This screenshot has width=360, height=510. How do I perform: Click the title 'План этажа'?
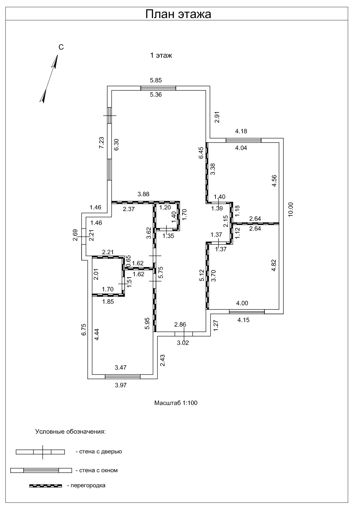pyautogui.click(x=178, y=14)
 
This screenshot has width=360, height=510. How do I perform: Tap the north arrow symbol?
pyautogui.click(x=48, y=79)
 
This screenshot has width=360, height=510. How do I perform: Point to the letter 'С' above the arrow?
pyautogui.click(x=61, y=47)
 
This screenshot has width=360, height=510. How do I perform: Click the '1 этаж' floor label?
pyautogui.click(x=161, y=55)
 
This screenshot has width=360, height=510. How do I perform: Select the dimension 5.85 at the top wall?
pyautogui.click(x=156, y=80)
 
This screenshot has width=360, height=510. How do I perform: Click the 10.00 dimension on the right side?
pyautogui.click(x=291, y=210)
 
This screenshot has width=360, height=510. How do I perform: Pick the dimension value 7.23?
pyautogui.click(x=101, y=143)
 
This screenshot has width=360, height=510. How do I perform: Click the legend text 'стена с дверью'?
pyautogui.click(x=100, y=451)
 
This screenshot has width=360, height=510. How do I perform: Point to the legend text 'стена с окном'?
pyautogui.click(x=98, y=470)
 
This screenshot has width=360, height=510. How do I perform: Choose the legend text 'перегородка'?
pyautogui.click(x=88, y=485)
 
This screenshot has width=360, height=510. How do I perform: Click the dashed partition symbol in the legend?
pyautogui.click(x=45, y=486)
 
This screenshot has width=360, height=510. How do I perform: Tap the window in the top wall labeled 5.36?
pyautogui.click(x=158, y=88)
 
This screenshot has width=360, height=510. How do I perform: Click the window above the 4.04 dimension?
pyautogui.click(x=243, y=140)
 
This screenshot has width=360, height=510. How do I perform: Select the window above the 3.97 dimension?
pyautogui.click(x=123, y=377)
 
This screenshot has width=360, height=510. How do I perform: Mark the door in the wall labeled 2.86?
pyautogui.click(x=184, y=334)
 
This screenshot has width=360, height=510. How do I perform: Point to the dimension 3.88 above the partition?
pyautogui.click(x=143, y=194)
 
